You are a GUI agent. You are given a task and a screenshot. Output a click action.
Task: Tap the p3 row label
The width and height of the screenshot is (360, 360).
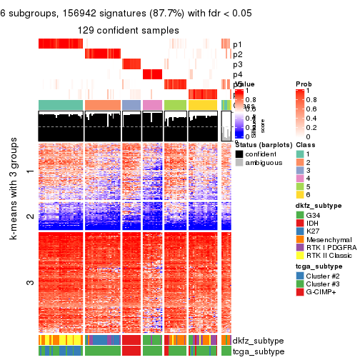(237, 65)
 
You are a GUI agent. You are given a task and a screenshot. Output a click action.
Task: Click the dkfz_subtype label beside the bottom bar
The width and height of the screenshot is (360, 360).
(257, 340)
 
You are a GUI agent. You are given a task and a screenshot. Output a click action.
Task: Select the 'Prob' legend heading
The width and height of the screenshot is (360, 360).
(304, 84)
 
